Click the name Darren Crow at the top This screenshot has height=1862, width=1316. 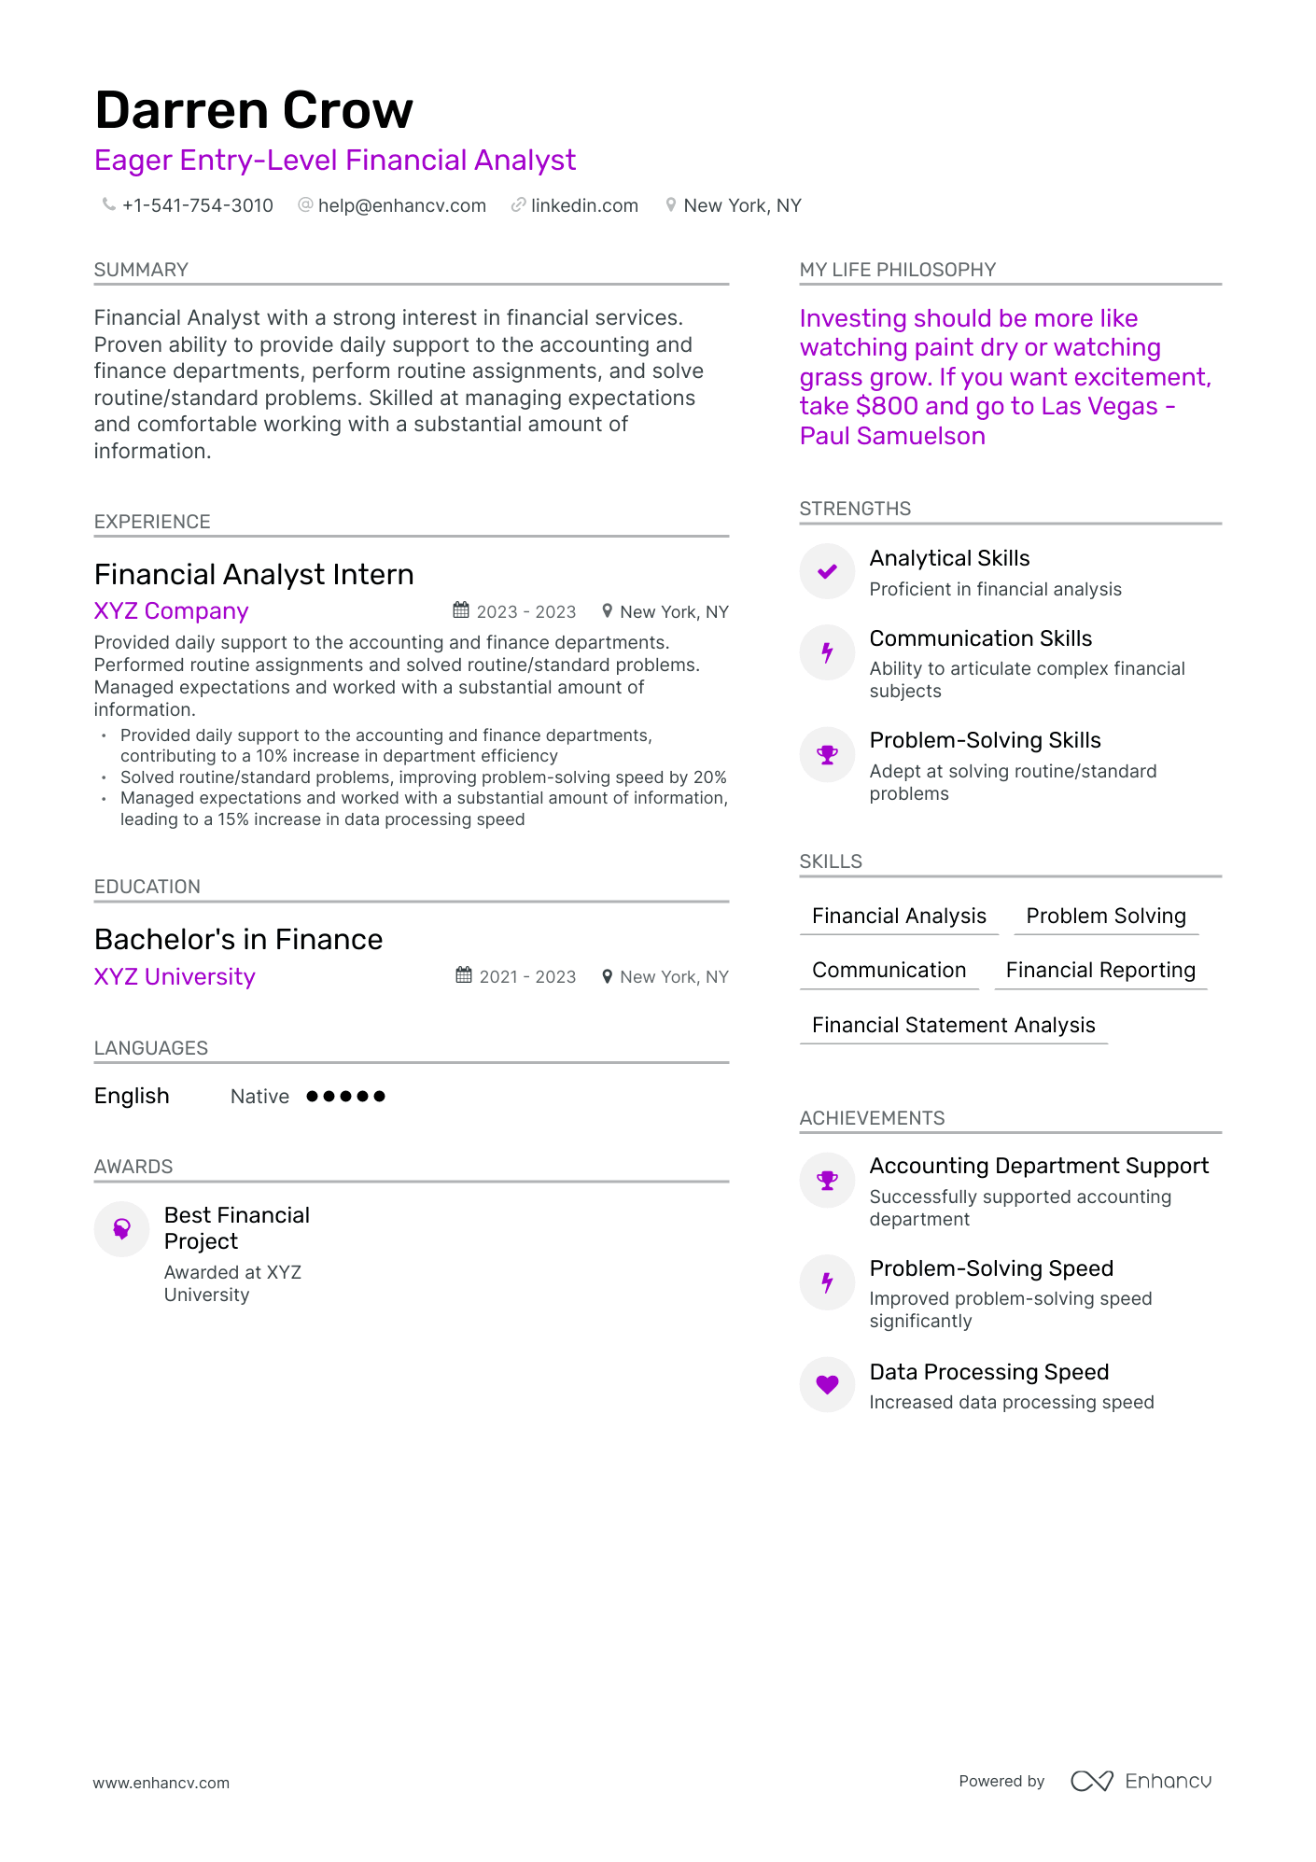coord(254,110)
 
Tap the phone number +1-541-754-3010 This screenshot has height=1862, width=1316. coord(197,205)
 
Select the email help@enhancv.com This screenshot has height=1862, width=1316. coord(401,205)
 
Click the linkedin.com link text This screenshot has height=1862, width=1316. coord(584,205)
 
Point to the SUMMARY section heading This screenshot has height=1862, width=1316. coord(141,270)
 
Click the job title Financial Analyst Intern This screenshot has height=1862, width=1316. coord(254,574)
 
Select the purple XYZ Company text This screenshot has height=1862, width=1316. coord(171,611)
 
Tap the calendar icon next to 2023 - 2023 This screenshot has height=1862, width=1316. coord(461,610)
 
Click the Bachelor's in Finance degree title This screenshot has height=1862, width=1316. coord(238,939)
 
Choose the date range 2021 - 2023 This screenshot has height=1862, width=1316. coord(527,977)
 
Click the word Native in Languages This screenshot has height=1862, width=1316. coord(259,1097)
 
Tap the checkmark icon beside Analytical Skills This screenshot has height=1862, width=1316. coord(827,571)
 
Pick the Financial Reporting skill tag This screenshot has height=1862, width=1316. coord(1100,971)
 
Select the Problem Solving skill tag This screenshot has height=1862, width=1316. coord(1106,917)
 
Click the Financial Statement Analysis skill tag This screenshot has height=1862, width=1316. coord(953,1026)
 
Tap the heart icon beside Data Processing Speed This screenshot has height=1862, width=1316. coord(827,1384)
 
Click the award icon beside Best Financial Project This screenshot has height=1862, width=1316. coord(121,1229)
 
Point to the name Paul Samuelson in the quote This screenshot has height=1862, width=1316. coord(892,436)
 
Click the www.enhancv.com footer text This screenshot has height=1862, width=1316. coord(161,1783)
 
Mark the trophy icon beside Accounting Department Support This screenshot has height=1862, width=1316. coord(827,1180)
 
